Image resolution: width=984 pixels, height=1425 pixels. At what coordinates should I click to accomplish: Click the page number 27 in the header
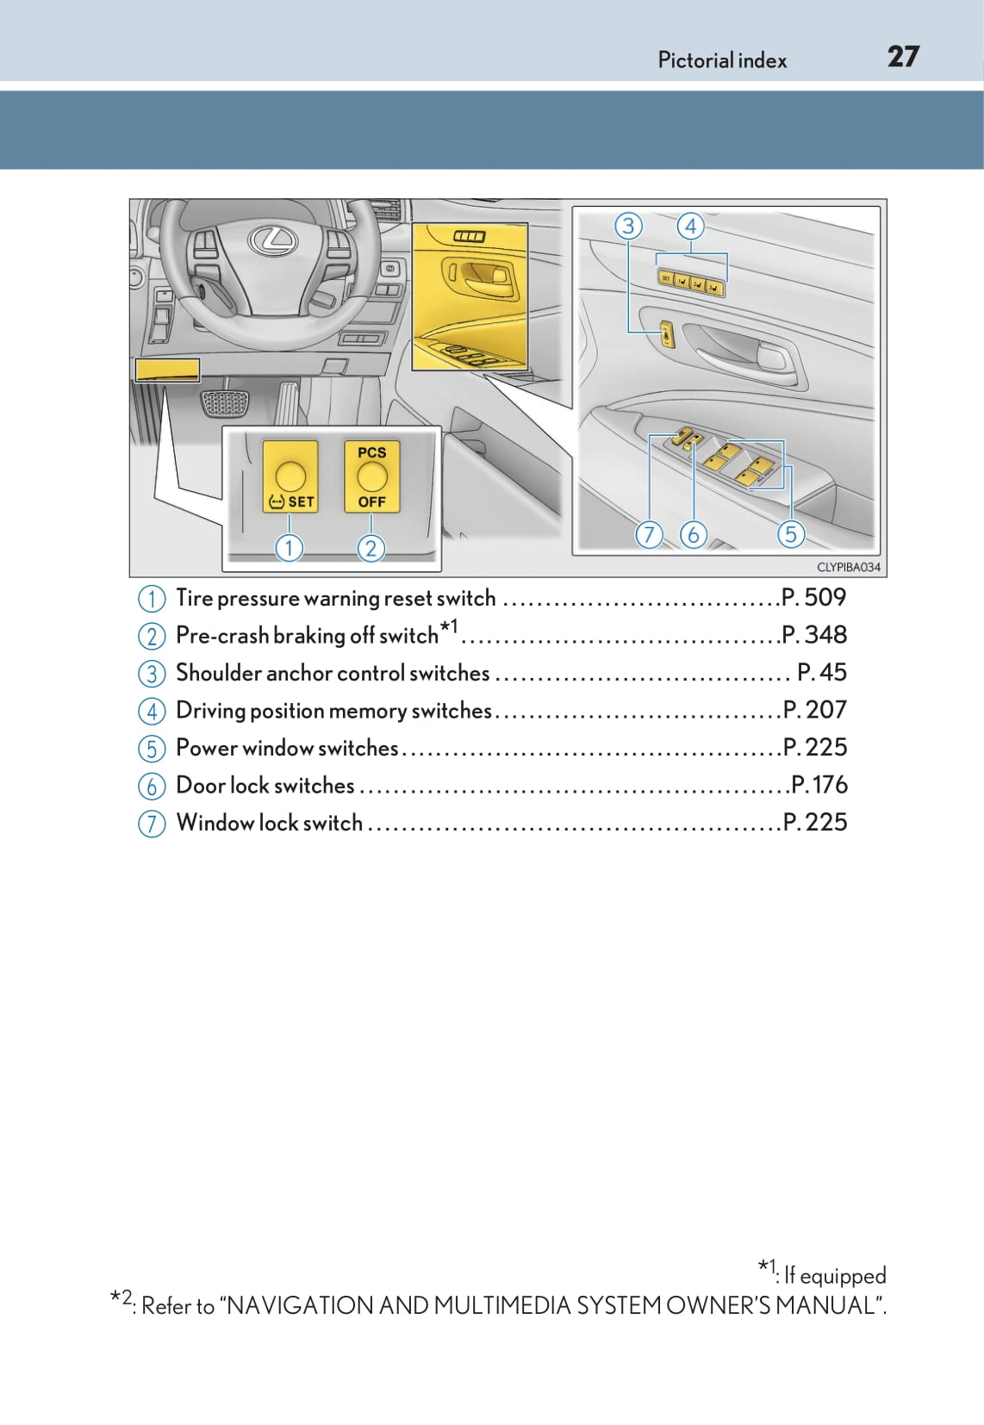click(903, 57)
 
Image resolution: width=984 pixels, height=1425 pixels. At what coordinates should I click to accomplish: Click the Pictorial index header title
click(722, 60)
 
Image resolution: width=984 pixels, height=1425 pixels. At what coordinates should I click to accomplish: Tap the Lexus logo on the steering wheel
click(271, 240)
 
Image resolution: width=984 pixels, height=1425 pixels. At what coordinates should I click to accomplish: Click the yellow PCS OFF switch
click(372, 476)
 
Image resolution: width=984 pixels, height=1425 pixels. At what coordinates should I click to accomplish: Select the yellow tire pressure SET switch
click(290, 476)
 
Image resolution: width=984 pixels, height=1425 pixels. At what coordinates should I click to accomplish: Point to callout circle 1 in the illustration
click(290, 547)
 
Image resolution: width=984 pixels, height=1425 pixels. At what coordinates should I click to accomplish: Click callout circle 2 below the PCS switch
click(371, 548)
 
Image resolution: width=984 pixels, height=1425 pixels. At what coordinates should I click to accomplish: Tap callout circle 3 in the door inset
click(628, 226)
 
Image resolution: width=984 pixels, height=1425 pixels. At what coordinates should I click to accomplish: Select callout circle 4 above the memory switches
click(690, 226)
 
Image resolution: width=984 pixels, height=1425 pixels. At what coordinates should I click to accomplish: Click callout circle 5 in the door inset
click(790, 534)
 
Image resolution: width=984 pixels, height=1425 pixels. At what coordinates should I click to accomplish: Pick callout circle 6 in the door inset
click(693, 534)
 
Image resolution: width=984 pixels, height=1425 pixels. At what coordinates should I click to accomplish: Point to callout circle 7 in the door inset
click(649, 534)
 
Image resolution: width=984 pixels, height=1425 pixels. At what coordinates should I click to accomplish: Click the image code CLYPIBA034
click(848, 567)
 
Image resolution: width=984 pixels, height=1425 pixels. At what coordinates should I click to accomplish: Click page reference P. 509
click(813, 597)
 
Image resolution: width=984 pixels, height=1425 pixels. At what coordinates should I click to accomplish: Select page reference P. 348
click(814, 635)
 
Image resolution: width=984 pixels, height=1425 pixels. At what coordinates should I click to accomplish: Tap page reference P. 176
click(819, 785)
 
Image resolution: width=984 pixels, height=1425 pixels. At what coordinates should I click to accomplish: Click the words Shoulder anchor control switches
click(333, 673)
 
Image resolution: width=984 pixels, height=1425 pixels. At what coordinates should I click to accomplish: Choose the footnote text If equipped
click(834, 1275)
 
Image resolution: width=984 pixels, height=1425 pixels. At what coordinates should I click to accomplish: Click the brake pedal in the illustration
click(223, 403)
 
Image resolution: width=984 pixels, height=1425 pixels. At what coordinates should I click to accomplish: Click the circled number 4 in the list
click(152, 711)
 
